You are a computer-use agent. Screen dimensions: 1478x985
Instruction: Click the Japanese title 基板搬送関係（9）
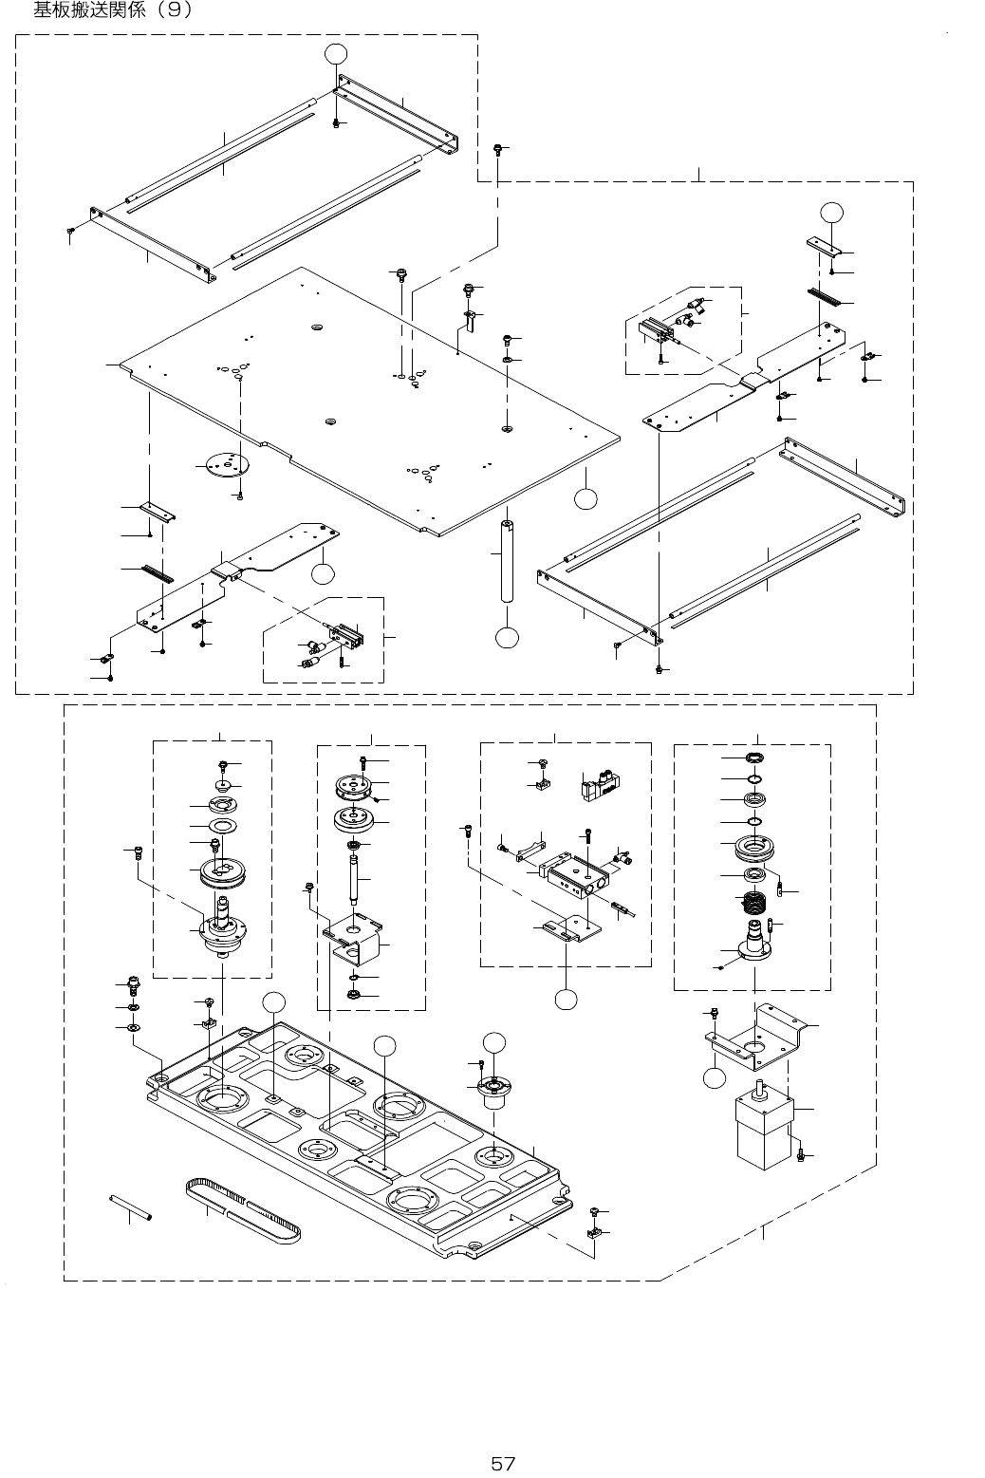coord(113,10)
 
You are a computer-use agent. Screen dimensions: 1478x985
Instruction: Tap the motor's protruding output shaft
coord(760,1088)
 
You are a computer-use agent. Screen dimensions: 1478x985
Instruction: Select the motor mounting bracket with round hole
coord(756,1039)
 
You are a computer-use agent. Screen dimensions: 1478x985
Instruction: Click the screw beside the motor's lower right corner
coord(801,1154)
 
